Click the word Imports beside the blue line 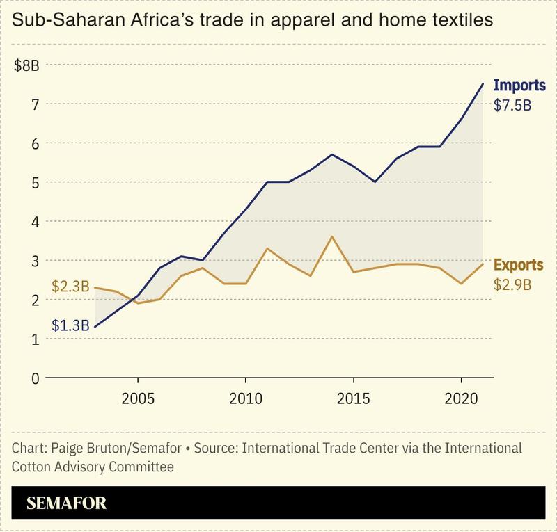(x=519, y=87)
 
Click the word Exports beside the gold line (x=519, y=265)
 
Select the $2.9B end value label (x=512, y=284)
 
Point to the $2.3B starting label (x=70, y=286)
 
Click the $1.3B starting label (x=70, y=325)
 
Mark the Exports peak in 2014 (x=331, y=237)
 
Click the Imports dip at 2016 (x=375, y=182)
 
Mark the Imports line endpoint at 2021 (x=482, y=84)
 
